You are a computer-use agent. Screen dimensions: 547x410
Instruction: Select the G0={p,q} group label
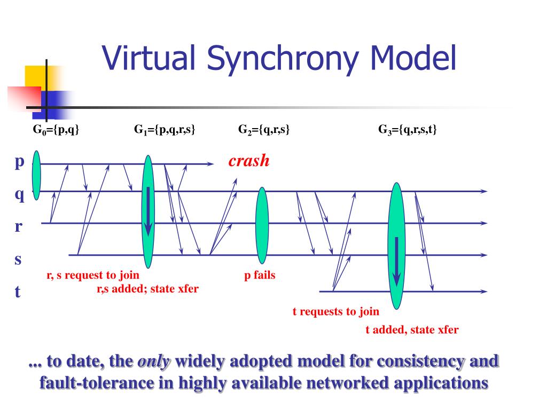click(x=56, y=129)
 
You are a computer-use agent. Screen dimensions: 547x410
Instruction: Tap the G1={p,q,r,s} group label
click(x=165, y=129)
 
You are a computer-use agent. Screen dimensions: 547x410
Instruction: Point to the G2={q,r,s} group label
click(x=264, y=129)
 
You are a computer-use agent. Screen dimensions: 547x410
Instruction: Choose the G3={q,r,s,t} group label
click(x=408, y=129)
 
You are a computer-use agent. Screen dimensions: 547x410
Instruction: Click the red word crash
click(x=249, y=161)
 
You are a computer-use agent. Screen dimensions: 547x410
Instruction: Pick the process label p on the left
click(x=19, y=162)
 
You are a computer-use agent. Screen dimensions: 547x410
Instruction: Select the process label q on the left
click(x=19, y=195)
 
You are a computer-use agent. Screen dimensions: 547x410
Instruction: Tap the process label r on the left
click(x=18, y=226)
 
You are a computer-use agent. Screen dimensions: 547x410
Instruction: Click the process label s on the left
click(x=18, y=259)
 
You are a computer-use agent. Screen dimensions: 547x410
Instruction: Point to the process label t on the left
click(x=18, y=291)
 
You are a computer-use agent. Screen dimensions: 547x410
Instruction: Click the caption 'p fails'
click(x=260, y=276)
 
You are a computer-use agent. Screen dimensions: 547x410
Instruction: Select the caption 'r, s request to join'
click(x=93, y=275)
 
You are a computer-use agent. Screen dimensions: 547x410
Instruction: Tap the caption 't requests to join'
click(x=335, y=311)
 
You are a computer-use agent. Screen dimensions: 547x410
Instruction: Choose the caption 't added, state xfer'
click(x=412, y=329)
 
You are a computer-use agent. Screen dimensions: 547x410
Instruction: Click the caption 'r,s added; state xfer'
click(x=147, y=289)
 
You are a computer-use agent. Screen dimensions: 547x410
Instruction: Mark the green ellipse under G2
click(x=262, y=225)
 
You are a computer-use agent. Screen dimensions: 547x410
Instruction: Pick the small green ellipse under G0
click(x=36, y=175)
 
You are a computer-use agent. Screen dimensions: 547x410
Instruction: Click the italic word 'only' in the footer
click(x=154, y=361)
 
